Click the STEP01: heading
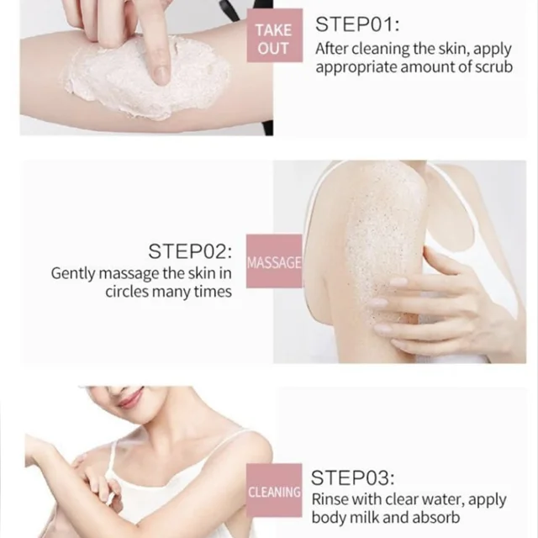click(357, 24)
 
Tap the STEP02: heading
click(190, 251)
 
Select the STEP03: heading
click(353, 477)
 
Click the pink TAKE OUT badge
click(275, 35)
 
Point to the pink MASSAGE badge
click(274, 261)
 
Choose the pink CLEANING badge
click(274, 490)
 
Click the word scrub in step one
click(493, 67)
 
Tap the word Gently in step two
click(73, 274)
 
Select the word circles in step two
click(127, 292)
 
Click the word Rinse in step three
click(330, 499)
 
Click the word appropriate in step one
click(356, 68)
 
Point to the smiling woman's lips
click(131, 400)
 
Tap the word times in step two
click(213, 292)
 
